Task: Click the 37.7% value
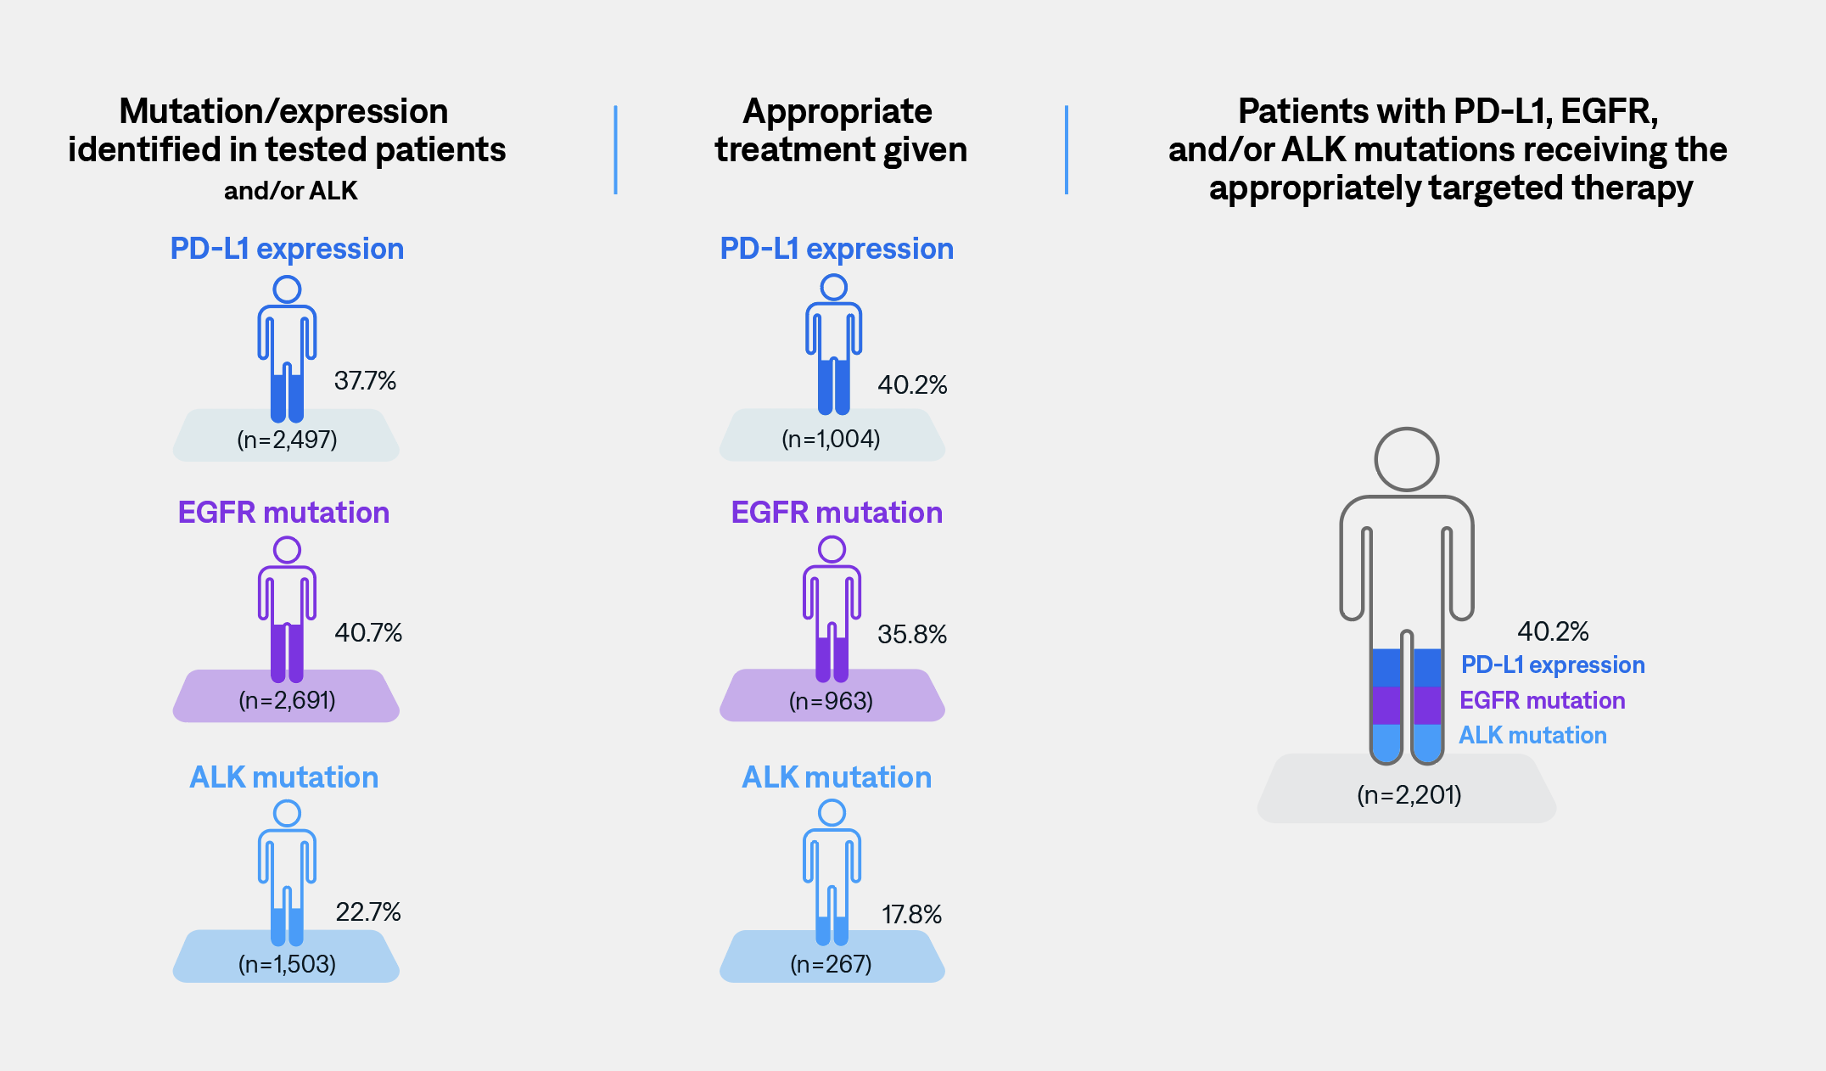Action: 365,380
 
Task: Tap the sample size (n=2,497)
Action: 287,440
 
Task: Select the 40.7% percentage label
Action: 367,632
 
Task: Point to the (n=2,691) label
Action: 287,700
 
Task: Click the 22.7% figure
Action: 367,911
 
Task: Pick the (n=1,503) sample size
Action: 287,964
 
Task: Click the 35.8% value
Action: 911,634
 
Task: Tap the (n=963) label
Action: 831,701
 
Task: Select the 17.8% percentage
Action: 911,914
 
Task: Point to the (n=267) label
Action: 831,964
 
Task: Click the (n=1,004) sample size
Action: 831,439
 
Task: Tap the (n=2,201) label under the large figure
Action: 1409,794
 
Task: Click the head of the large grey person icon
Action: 1406,459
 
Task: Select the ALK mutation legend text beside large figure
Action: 1532,735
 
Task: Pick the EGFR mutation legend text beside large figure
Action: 1542,700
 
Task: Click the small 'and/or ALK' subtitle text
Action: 290,191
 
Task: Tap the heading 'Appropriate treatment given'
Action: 839,130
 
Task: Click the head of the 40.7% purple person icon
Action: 287,550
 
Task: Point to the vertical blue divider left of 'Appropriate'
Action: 615,149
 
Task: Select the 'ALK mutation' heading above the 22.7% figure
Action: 283,777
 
